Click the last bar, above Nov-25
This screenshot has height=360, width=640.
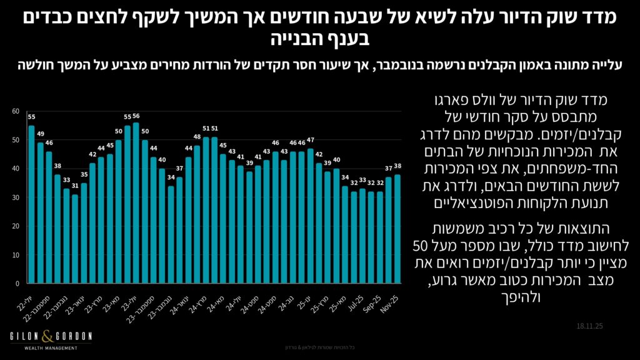tap(397, 229)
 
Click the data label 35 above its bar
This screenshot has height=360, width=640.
tap(84, 176)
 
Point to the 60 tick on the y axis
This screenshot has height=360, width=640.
tap(16, 111)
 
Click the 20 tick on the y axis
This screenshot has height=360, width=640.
tap(16, 226)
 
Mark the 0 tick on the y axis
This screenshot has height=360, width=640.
tap(17, 283)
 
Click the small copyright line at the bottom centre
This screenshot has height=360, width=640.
tap(319, 347)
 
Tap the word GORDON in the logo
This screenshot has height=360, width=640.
tap(74, 337)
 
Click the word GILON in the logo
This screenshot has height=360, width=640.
tap(26, 337)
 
